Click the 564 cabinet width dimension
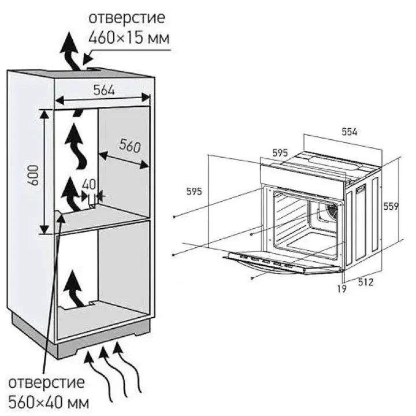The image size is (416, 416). click(104, 90)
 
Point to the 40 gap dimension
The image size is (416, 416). click(88, 184)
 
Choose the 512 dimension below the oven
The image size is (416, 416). click(366, 282)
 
